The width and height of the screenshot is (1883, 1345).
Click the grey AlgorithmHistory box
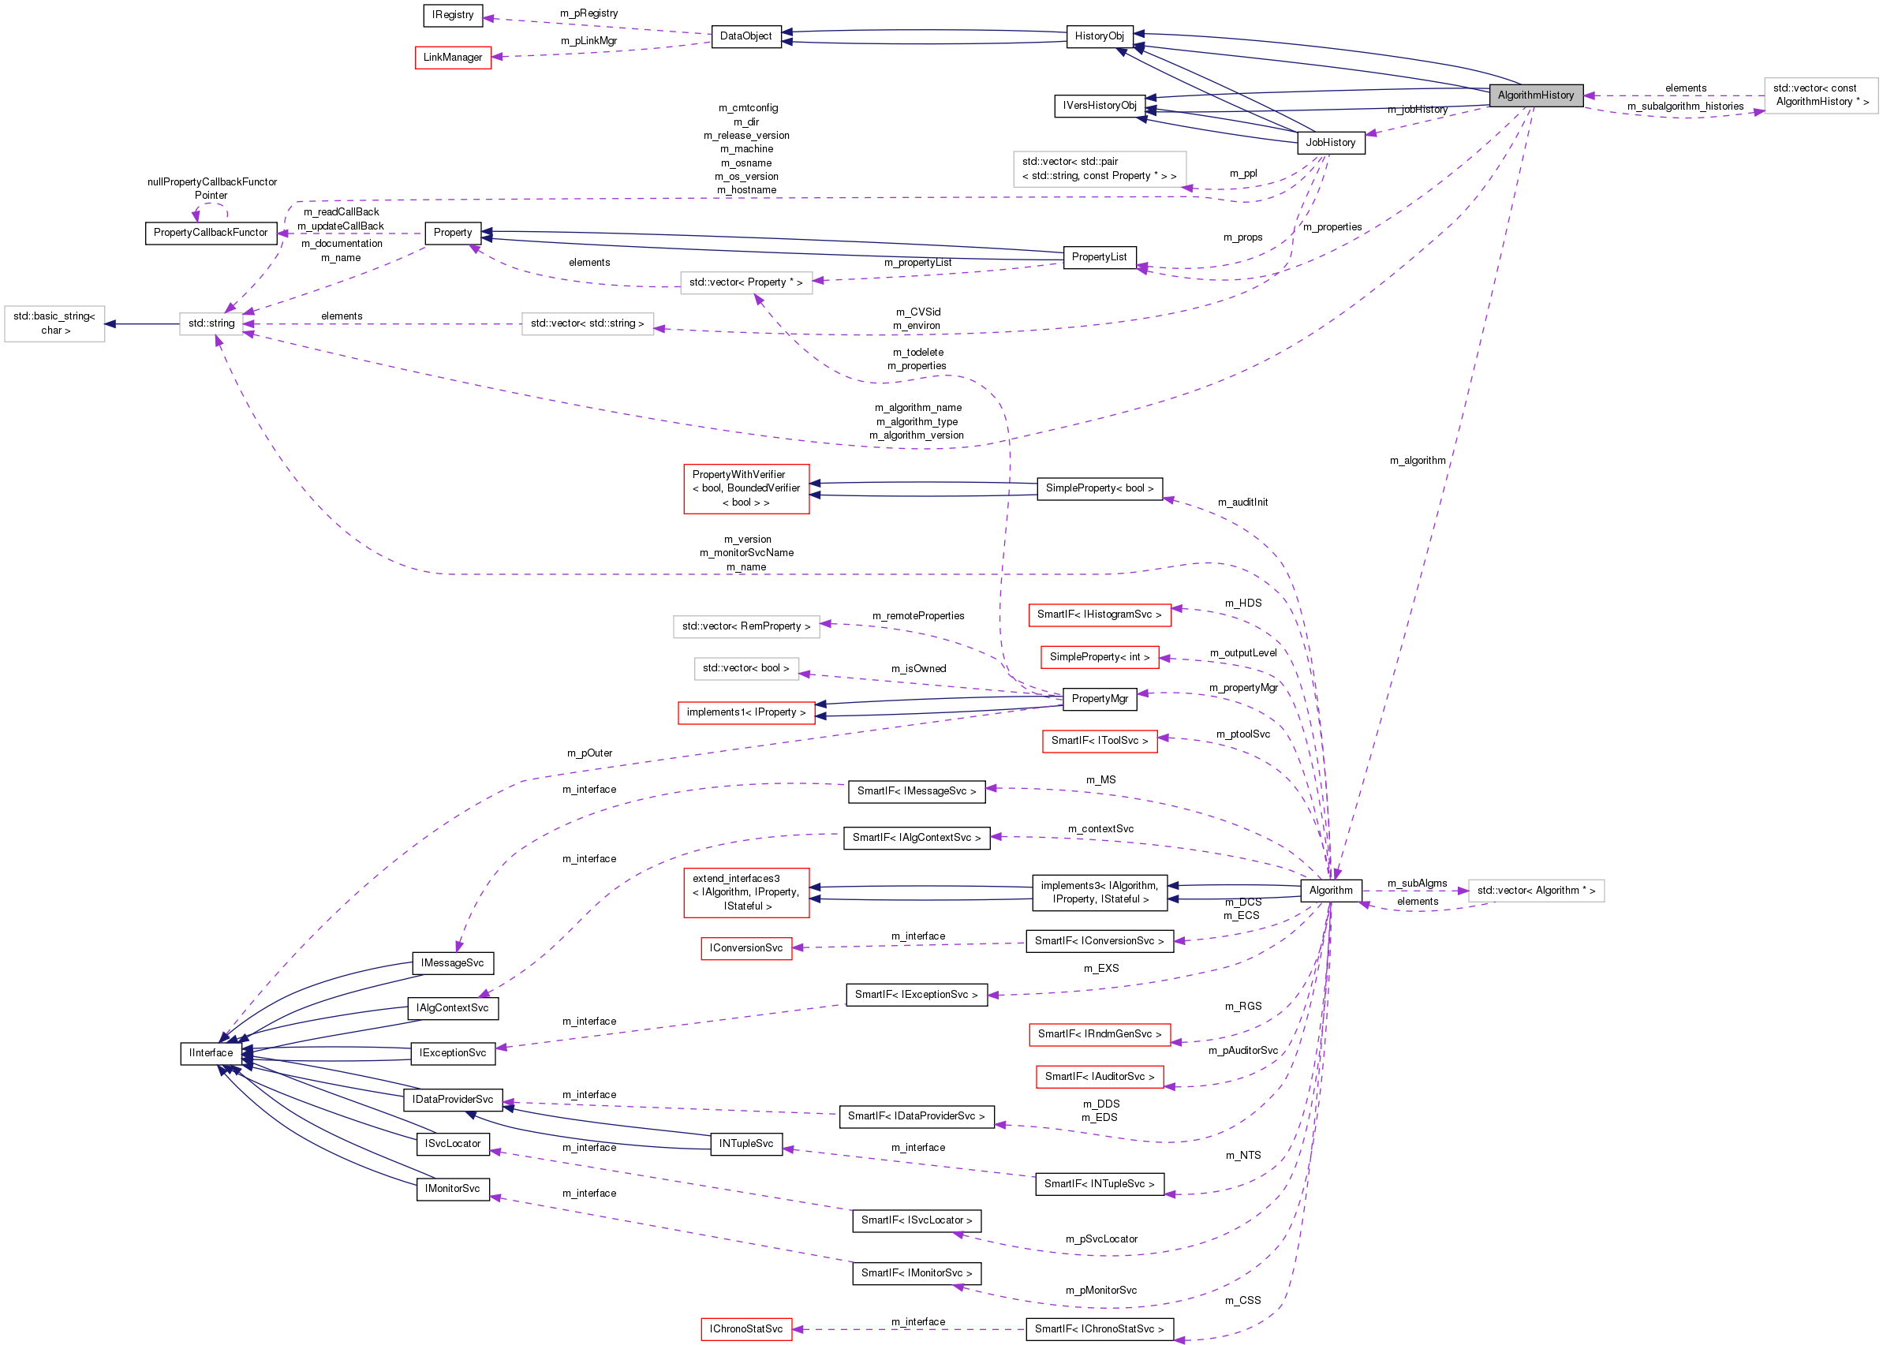coord(1535,95)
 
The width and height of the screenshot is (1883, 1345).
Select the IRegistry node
coord(453,15)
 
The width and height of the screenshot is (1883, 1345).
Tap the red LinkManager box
coord(453,57)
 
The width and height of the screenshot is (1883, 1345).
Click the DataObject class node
coord(746,36)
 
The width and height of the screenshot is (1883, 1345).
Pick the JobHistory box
coord(1330,143)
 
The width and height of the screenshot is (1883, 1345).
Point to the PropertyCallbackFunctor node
coord(211,233)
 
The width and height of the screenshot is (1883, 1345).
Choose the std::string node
coord(211,323)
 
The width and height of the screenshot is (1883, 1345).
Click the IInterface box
coord(211,1052)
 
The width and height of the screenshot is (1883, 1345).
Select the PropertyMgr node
coord(1100,699)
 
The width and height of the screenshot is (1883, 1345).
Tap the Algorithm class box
coord(1331,891)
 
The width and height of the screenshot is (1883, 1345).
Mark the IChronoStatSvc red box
coord(746,1328)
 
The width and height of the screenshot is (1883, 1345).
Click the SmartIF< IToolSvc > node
coord(1100,741)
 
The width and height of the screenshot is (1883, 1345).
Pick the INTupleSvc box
coord(746,1144)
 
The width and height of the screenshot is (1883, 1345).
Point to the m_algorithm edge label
coord(1418,461)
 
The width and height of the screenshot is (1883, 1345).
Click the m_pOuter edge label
coord(589,753)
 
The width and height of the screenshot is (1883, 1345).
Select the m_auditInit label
coord(1242,502)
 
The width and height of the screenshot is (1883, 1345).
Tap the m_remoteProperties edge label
coord(918,615)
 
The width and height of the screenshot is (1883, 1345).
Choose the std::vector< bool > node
coord(746,667)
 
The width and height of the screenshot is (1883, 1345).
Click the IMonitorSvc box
coord(453,1189)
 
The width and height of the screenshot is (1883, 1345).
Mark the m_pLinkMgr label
coord(588,40)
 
